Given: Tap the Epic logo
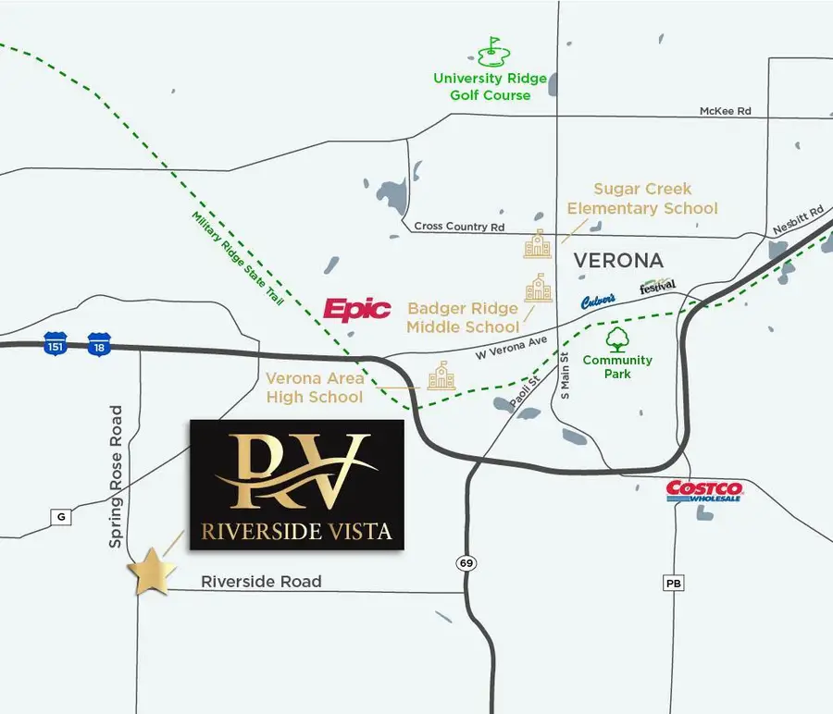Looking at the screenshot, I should click(x=356, y=309).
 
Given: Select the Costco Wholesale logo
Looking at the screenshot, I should click(x=704, y=490).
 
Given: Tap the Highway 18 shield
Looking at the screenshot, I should click(x=98, y=344).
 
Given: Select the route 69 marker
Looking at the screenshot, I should click(x=466, y=561).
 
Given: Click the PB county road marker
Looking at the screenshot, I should click(x=673, y=584).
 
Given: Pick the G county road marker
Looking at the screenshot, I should click(x=61, y=517).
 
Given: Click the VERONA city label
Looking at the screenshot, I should click(x=619, y=260).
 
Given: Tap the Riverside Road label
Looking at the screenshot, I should click(x=262, y=582).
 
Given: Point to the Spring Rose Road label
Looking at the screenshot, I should click(x=116, y=475).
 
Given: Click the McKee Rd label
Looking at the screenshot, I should click(x=725, y=111).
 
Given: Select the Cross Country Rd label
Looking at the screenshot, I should click(x=459, y=227).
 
